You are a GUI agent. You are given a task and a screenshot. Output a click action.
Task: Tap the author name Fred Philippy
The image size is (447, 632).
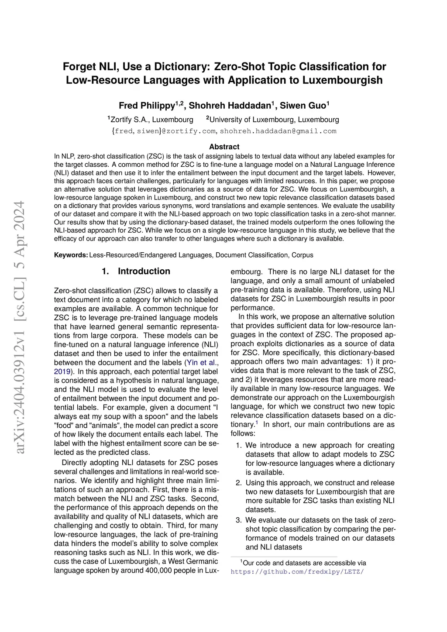147,106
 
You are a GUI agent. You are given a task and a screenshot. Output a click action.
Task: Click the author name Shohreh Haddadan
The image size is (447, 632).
230,106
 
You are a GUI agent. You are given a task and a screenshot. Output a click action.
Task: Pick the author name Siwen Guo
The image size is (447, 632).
303,106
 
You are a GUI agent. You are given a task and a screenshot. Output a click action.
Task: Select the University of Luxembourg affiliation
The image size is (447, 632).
274,120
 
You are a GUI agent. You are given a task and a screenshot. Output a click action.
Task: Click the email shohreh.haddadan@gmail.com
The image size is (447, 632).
278,131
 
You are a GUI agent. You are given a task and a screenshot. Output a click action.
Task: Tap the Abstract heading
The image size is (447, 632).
224,147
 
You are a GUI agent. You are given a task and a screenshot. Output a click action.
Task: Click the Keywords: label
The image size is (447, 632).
71,255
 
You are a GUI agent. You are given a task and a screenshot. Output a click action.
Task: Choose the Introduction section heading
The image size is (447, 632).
144,271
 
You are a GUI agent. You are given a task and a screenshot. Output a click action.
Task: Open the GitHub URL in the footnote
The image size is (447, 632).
297,572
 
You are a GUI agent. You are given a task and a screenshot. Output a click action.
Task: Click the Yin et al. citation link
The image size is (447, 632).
202,363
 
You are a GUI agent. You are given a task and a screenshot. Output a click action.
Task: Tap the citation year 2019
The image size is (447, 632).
62,371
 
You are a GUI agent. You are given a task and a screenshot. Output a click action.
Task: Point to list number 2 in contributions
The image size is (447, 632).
239,483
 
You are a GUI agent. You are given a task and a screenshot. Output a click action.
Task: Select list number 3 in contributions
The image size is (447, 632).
239,520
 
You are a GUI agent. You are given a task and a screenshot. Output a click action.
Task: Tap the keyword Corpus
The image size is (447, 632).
302,255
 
